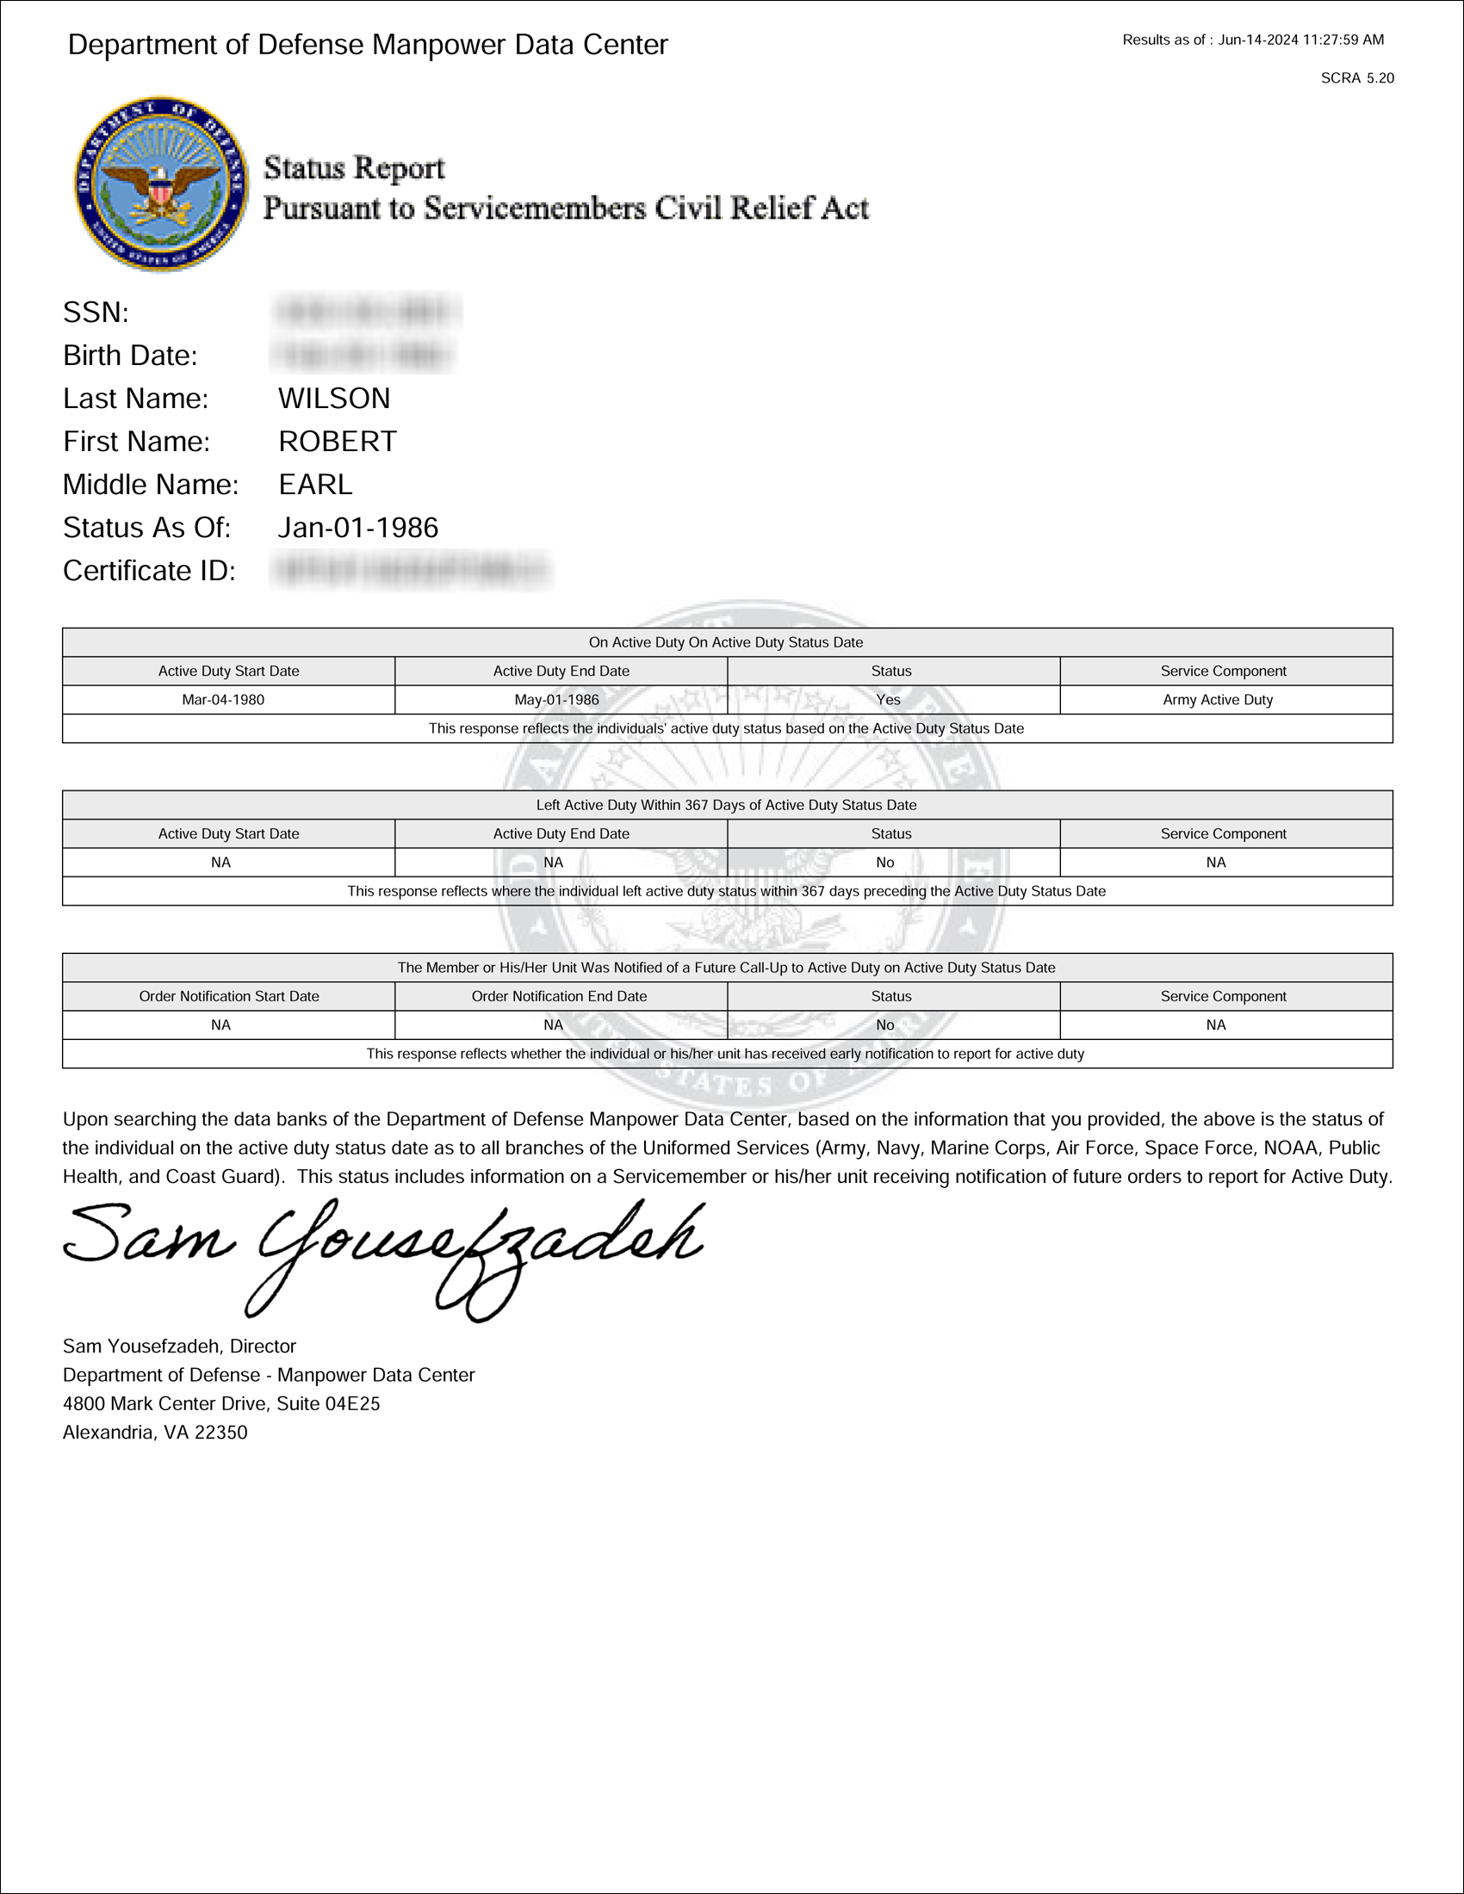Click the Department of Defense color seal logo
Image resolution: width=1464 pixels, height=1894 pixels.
click(160, 184)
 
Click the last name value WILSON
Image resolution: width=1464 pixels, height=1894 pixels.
click(334, 398)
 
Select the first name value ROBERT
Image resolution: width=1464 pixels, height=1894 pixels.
click(338, 442)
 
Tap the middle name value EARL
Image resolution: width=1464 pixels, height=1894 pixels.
click(315, 485)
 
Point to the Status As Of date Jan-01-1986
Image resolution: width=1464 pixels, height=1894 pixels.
click(358, 527)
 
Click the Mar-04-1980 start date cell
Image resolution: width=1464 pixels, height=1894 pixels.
click(223, 700)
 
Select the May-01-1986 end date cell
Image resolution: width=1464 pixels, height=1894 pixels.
click(557, 700)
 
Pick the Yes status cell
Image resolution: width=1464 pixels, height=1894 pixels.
click(888, 700)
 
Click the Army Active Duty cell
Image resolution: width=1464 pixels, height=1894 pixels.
click(1218, 700)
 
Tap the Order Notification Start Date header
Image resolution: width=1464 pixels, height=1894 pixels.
click(229, 996)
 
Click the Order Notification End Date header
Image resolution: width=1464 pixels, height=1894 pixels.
click(560, 996)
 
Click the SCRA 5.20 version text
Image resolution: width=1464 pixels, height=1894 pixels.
click(1357, 78)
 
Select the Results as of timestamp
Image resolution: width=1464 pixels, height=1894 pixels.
click(1253, 40)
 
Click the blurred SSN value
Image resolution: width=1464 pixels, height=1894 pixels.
click(367, 312)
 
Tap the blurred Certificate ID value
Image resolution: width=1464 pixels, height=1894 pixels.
click(412, 571)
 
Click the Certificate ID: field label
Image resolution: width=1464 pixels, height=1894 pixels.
click(149, 571)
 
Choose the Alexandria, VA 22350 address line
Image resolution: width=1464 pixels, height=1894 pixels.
click(155, 1432)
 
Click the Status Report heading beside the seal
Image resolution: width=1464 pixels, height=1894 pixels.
click(354, 167)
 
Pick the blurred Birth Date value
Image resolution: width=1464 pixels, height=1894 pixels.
click(363, 356)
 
